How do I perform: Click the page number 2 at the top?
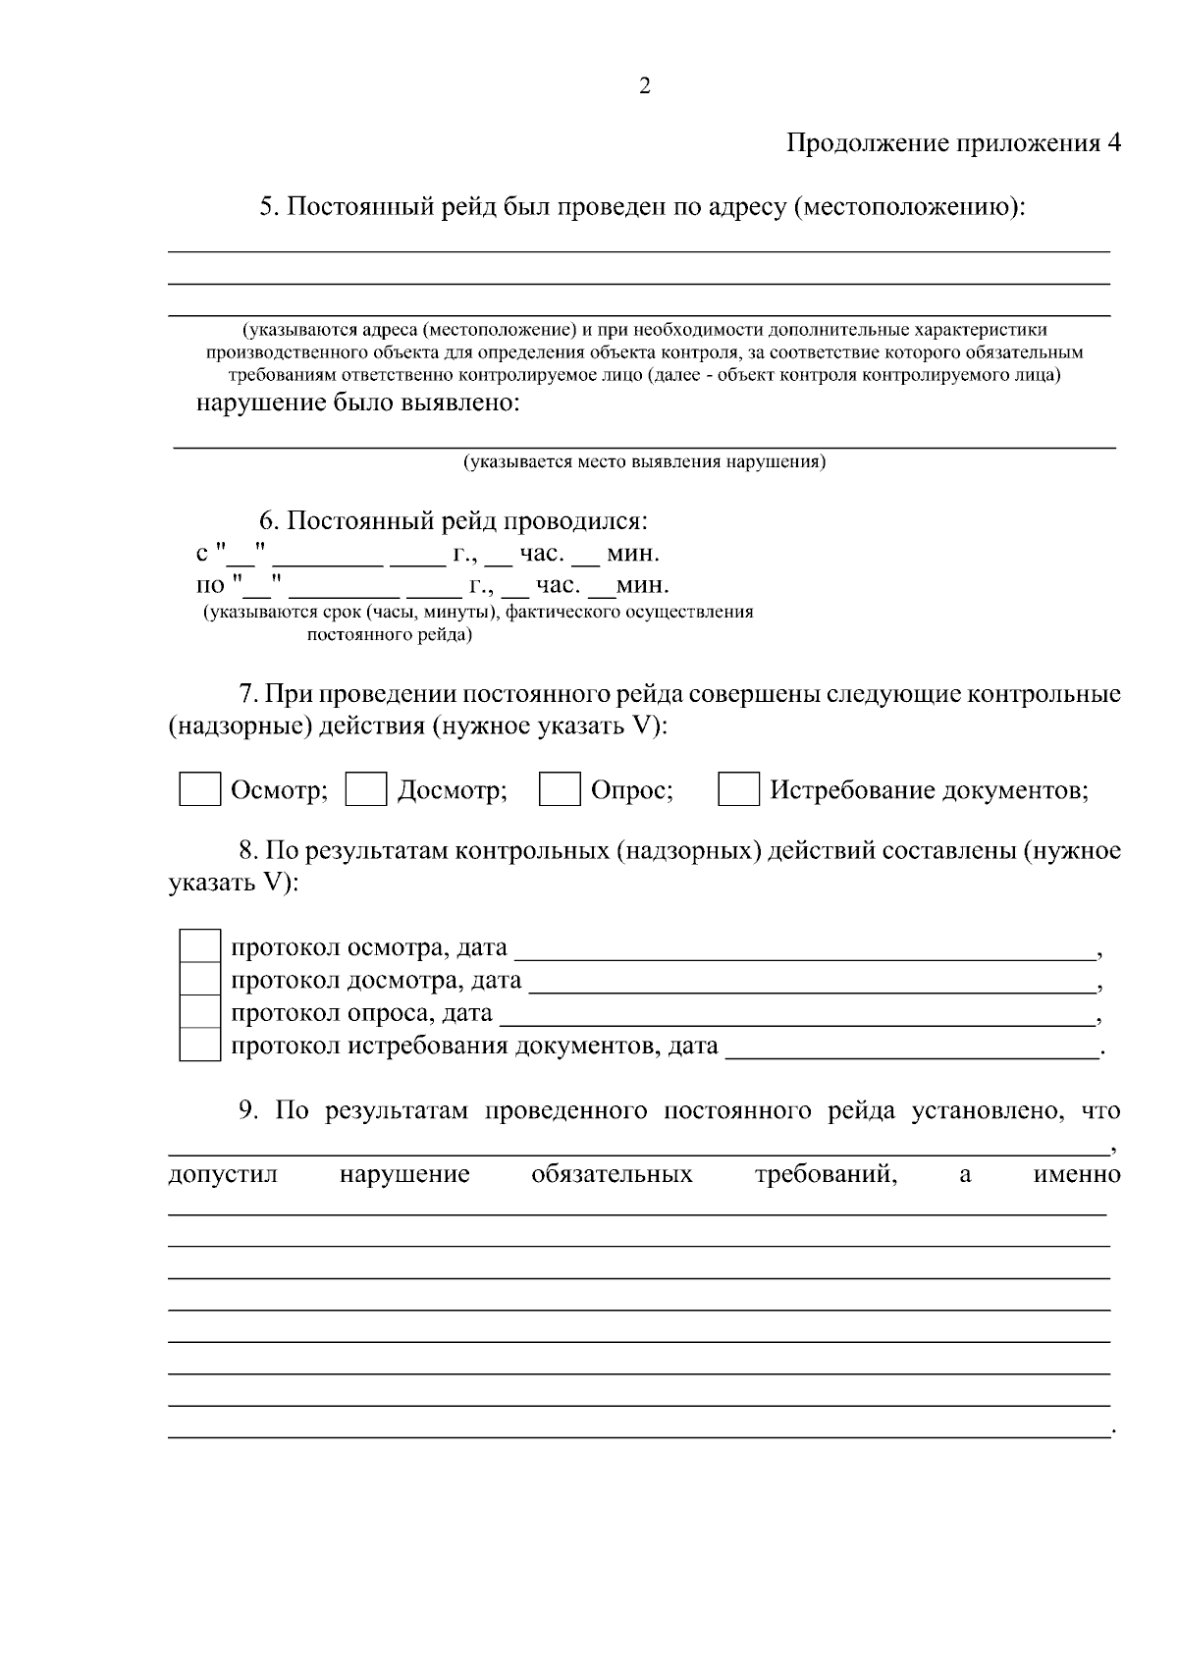click(x=644, y=87)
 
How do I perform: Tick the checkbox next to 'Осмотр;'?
click(x=199, y=790)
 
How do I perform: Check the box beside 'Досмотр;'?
click(x=366, y=790)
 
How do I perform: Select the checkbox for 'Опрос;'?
click(x=560, y=790)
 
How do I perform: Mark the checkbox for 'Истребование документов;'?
click(x=738, y=790)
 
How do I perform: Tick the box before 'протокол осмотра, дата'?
click(x=200, y=947)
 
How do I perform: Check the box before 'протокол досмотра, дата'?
click(x=200, y=980)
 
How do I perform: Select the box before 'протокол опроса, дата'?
click(x=200, y=1012)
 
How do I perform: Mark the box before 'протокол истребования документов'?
click(x=200, y=1045)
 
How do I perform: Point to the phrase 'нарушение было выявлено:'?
click(x=357, y=403)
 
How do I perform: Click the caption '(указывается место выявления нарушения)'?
click(x=644, y=461)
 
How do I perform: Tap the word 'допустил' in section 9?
click(x=223, y=1174)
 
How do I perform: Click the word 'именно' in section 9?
click(x=1077, y=1174)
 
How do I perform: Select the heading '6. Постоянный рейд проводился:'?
click(x=453, y=520)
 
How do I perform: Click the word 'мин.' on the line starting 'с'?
click(x=632, y=554)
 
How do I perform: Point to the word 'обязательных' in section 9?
click(x=612, y=1174)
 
